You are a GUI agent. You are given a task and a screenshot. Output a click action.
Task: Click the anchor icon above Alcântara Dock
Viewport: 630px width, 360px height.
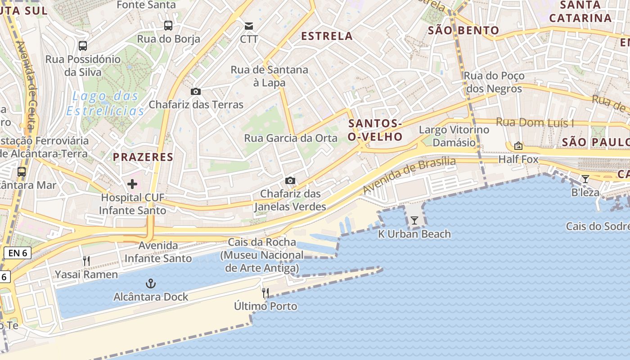(151, 283)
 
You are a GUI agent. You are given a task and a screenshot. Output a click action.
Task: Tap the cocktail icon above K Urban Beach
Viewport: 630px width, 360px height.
(414, 220)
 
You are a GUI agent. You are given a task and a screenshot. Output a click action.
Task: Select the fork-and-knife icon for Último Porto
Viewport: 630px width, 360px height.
(265, 293)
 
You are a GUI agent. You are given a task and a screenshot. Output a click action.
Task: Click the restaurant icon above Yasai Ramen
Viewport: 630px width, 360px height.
(86, 261)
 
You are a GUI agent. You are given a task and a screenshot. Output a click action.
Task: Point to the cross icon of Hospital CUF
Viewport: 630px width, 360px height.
(132, 184)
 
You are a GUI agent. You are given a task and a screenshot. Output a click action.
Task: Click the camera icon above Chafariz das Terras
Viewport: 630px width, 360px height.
(195, 91)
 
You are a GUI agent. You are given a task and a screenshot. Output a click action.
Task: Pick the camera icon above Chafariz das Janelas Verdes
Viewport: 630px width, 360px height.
(290, 180)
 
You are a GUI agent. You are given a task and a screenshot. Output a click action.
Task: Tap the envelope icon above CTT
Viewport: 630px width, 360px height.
(249, 26)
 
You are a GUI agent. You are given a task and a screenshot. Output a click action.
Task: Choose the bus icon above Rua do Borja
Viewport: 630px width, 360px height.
(168, 25)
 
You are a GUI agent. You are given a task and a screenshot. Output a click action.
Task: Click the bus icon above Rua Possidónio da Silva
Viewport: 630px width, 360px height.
(83, 45)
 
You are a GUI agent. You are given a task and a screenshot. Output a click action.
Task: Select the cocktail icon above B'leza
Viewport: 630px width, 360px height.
(585, 179)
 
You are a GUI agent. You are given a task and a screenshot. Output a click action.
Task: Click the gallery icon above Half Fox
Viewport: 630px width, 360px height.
(518, 146)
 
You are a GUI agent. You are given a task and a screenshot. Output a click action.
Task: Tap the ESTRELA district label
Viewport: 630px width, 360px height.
(327, 36)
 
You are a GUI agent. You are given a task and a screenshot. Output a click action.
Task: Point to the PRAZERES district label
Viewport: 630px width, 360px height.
(143, 157)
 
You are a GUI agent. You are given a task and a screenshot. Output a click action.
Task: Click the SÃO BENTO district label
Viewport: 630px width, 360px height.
(463, 31)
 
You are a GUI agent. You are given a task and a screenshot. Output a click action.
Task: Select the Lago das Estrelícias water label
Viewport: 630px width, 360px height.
(105, 103)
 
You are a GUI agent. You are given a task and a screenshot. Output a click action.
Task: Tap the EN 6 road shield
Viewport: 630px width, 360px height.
(18, 253)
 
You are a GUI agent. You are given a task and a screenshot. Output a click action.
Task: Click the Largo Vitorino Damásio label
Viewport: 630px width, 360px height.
(454, 136)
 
